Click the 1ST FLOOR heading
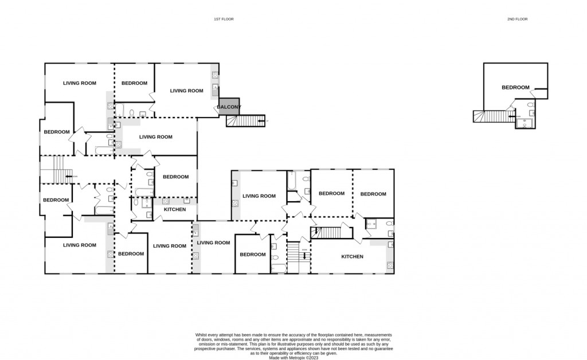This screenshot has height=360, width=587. tap(224, 19)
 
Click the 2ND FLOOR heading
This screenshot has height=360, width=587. tap(517, 19)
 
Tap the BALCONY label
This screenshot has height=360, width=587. tap(229, 107)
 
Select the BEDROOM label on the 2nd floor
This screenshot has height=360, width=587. tap(515, 87)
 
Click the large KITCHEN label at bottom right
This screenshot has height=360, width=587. tap(352, 256)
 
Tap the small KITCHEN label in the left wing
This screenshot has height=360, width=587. tap(175, 209)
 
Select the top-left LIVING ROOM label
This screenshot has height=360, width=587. tap(79, 83)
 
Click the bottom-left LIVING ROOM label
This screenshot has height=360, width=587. tap(79, 245)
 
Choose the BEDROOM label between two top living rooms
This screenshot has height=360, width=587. tap(134, 83)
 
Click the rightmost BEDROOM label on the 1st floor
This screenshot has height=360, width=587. tap(373, 194)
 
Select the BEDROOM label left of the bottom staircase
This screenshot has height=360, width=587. tap(252, 254)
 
